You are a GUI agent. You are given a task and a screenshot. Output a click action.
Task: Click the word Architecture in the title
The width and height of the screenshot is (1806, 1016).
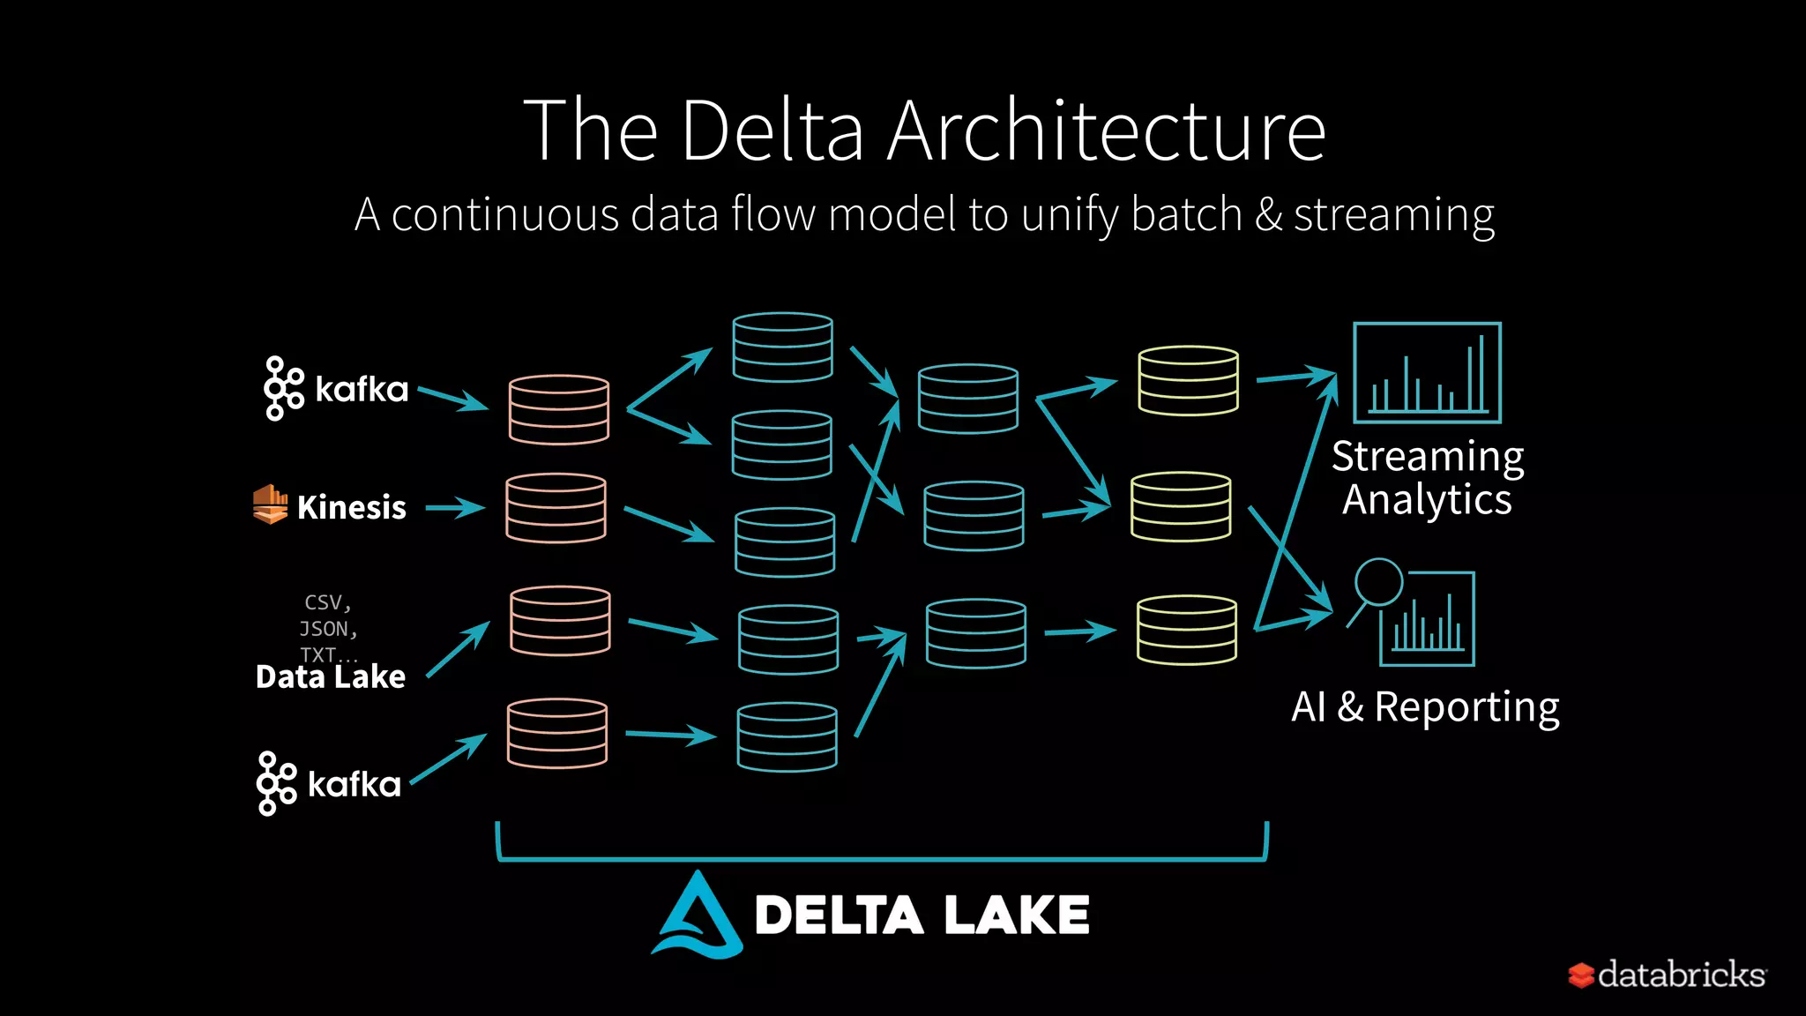pos(1106,131)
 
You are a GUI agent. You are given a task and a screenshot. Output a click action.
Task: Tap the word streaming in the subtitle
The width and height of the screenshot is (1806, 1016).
pos(1393,214)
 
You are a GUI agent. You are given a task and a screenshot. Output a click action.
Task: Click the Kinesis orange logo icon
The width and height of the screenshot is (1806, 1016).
pos(270,504)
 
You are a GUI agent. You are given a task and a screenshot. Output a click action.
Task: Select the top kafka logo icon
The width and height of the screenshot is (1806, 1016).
pos(283,388)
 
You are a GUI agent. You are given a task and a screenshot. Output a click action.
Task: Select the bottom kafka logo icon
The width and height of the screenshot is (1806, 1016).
pos(276,783)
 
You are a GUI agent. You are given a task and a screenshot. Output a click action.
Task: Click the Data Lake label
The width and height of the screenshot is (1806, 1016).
pos(330,676)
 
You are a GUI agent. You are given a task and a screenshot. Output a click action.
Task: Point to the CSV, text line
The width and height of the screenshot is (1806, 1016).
pos(327,602)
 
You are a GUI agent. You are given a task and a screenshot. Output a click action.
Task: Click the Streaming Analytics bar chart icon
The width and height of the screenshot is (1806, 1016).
pos(1426,373)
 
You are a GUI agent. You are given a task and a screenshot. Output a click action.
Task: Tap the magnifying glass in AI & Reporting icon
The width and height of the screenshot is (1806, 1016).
pos(1377,583)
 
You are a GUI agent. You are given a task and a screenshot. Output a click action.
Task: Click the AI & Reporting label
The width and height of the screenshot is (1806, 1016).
pos(1425,706)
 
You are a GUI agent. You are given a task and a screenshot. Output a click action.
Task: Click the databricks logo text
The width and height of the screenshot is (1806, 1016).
pos(1681,975)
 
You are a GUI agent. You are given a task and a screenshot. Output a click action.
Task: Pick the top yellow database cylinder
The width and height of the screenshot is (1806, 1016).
pos(1188,380)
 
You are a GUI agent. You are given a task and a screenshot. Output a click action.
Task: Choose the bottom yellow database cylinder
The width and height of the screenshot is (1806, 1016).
pos(1186,630)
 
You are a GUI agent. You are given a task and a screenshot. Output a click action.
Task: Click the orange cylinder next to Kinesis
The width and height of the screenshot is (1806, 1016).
pos(556,508)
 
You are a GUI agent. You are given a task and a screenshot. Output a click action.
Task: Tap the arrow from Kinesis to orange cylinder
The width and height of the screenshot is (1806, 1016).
pos(454,508)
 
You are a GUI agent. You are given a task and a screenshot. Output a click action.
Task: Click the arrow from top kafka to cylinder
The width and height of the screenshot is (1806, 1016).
pos(452,398)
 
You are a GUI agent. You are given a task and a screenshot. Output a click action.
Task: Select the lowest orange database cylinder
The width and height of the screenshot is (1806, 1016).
pos(556,733)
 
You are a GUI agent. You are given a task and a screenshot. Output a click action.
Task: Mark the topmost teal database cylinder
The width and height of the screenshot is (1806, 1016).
pos(782,347)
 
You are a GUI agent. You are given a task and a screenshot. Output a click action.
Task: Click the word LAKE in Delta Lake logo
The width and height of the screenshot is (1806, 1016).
pos(1016,915)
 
